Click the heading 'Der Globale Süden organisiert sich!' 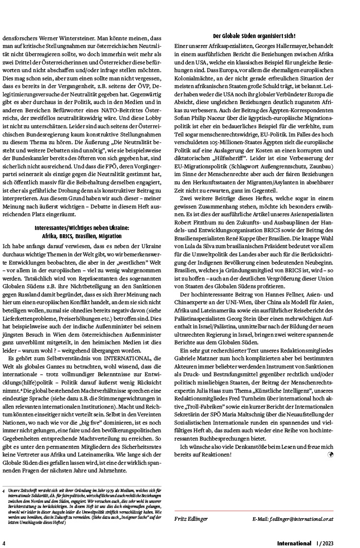(x=254, y=36)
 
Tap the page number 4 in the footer (x=4, y=543)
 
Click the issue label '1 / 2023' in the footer (x=325, y=543)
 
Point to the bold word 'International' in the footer (x=294, y=543)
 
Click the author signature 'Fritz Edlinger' (x=190, y=518)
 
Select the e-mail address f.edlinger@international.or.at (x=293, y=518)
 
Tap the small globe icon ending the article (x=330, y=455)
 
